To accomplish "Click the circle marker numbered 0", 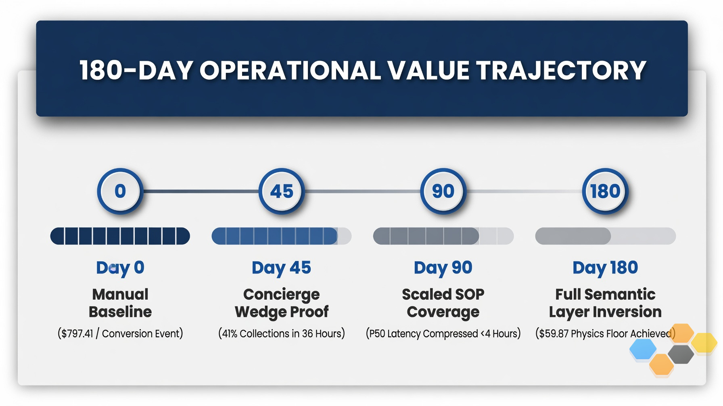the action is (120, 191).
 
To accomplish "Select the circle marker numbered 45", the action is (282, 191).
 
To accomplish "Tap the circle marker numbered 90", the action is (443, 191).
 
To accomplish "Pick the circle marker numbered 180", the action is (605, 191).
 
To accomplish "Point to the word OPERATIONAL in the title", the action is (290, 70).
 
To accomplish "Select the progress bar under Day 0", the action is (120, 236).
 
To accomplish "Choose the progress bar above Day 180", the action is (605, 236).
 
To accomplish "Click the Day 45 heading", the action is (282, 268).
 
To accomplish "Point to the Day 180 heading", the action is (605, 268).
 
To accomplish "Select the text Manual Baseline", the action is (120, 303).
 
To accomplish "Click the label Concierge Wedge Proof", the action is (282, 303).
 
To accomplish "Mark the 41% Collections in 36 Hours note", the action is (282, 333).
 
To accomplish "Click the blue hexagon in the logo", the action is (643, 349).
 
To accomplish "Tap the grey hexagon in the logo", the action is (681, 354).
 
